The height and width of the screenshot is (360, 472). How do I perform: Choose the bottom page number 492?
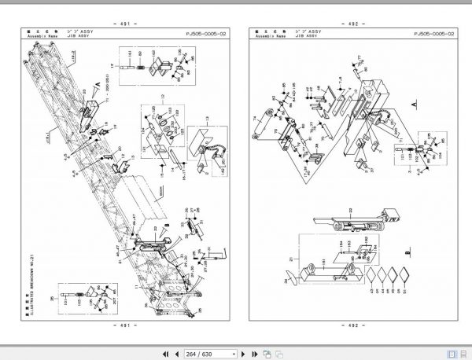[351, 325]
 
